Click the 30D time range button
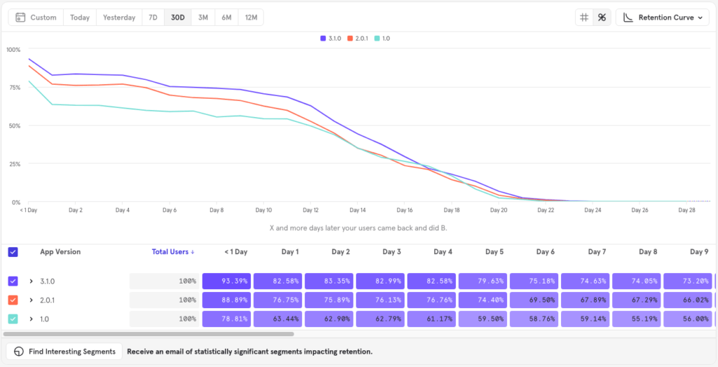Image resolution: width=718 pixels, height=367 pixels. [177, 18]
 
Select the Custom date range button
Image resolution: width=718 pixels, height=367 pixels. [36, 18]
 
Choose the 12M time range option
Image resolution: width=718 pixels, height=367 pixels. [250, 18]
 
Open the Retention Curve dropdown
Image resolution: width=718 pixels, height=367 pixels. [662, 18]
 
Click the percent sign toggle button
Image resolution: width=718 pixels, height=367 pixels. [601, 18]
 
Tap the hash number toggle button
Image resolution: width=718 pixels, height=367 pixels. [584, 18]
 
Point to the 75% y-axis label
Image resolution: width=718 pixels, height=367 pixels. [13, 88]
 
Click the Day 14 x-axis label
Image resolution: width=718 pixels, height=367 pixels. [358, 210]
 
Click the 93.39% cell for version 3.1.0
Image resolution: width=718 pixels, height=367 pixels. [226, 281]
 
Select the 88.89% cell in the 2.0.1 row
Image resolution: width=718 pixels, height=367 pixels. [226, 300]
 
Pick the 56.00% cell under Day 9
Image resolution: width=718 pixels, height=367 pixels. [688, 319]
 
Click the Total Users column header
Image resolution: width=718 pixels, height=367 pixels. [173, 252]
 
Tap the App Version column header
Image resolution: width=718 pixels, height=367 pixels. [60, 252]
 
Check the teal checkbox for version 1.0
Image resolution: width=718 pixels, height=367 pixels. [13, 319]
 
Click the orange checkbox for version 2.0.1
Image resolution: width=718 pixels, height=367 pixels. [13, 300]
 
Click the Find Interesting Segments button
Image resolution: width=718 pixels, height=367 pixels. [65, 351]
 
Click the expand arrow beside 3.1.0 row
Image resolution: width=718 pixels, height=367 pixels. [31, 281]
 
